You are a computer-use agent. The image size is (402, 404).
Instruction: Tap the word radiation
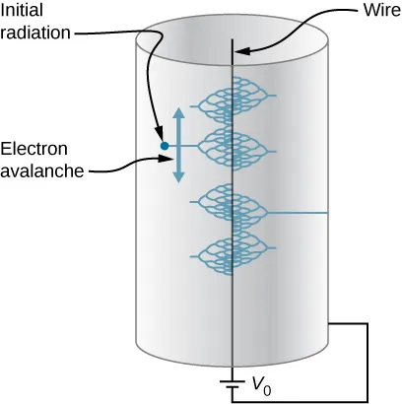(x=36, y=32)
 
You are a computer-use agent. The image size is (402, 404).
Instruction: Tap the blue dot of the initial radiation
(x=165, y=147)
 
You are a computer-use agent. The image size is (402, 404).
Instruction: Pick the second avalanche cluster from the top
(x=232, y=148)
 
